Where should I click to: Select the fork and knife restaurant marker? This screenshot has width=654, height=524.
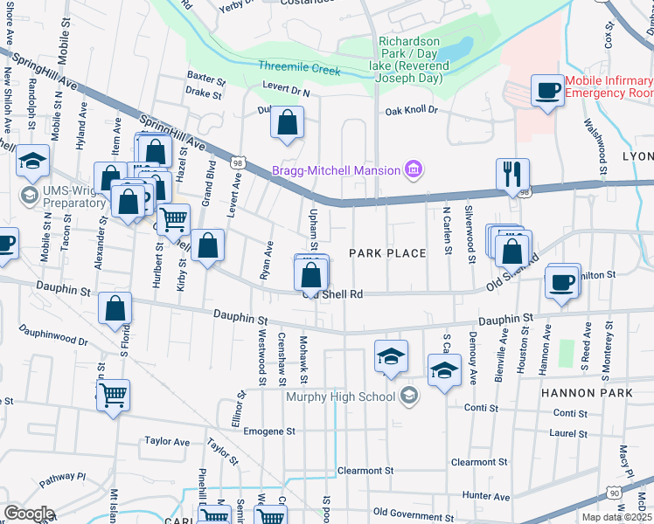coord(512,175)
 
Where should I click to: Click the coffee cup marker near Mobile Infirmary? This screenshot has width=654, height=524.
coord(548,91)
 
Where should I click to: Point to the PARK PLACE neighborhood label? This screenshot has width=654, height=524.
coord(387,253)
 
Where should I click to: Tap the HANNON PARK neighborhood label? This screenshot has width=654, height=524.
coord(586,394)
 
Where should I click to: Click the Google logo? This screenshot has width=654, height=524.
coord(29,514)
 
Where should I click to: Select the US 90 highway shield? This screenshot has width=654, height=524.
coord(616,494)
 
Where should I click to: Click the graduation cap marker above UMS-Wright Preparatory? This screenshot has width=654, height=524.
coord(32,162)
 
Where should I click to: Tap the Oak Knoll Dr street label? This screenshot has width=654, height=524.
coord(411,111)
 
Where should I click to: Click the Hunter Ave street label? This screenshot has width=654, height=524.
coord(486,496)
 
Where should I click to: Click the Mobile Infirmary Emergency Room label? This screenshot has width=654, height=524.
coord(609,86)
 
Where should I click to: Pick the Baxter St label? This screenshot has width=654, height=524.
coord(206,77)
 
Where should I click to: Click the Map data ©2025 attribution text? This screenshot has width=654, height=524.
coord(617,517)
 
